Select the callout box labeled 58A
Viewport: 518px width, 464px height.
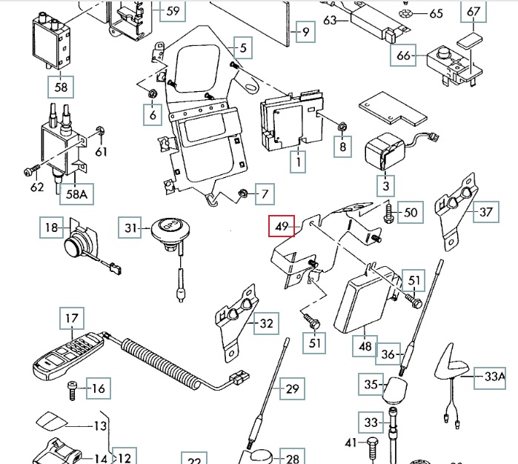(73, 195)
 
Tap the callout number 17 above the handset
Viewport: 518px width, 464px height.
(71, 319)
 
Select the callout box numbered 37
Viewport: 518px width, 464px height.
(485, 212)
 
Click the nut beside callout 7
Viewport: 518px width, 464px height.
(242, 195)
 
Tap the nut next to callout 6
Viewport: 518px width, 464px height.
(152, 94)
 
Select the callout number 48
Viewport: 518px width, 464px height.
(365, 345)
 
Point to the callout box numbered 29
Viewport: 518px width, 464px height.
(293, 388)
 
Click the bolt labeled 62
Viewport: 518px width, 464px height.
(28, 172)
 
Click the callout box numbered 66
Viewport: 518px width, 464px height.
(404, 56)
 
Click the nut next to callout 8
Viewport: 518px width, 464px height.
(342, 127)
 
